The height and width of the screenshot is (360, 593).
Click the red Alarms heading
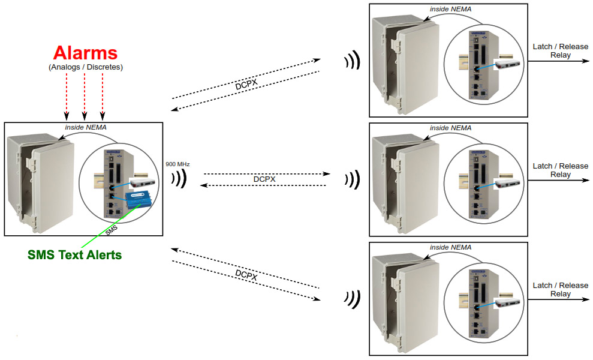coord(85,52)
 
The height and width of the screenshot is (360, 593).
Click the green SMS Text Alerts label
coord(74,254)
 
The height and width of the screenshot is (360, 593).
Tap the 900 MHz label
coord(177,164)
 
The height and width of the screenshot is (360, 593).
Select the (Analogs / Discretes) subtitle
coord(85,67)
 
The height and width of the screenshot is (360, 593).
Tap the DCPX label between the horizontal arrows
coord(265,179)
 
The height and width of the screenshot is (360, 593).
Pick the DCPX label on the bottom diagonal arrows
coord(246,274)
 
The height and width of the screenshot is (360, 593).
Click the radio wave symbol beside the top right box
coord(352,60)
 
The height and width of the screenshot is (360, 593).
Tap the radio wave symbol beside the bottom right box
coord(352,298)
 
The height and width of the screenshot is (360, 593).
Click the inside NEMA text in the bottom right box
coord(450,247)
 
